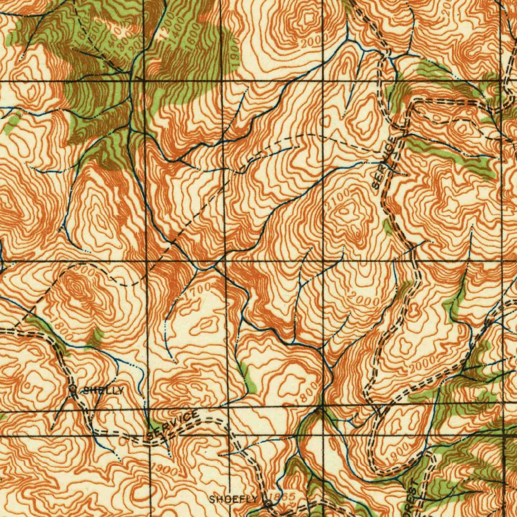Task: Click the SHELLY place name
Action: pyautogui.click(x=103, y=390)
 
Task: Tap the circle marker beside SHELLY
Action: pyautogui.click(x=74, y=389)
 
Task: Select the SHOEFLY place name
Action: pyautogui.click(x=234, y=499)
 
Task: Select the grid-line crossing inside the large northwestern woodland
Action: pyautogui.click(x=144, y=80)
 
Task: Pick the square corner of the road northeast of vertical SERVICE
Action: pyautogui.click(x=411, y=102)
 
